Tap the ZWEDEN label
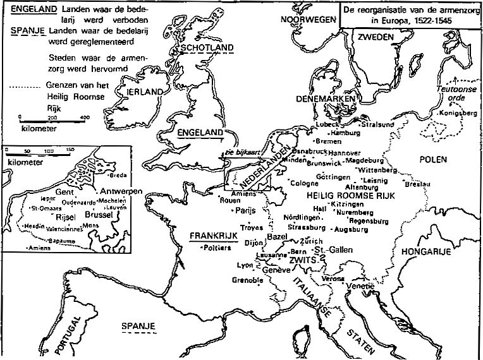376,37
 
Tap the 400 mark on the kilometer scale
84,118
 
